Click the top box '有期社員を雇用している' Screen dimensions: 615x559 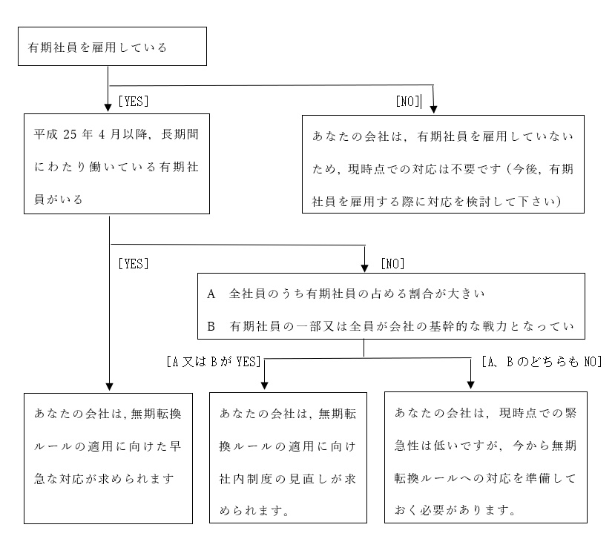click(x=112, y=46)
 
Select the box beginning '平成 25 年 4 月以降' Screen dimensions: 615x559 click(x=117, y=164)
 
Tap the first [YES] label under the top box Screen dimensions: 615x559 click(x=134, y=102)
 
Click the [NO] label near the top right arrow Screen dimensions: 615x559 click(x=408, y=102)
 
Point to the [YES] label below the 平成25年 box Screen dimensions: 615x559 click(x=134, y=264)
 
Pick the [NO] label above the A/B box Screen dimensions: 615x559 click(x=392, y=264)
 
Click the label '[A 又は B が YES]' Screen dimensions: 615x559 click(x=214, y=362)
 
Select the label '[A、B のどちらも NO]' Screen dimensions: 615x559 click(x=542, y=362)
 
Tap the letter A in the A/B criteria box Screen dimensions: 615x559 click(x=211, y=294)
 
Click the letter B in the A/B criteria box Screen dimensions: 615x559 click(x=211, y=326)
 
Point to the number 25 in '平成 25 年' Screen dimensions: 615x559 click(x=70, y=134)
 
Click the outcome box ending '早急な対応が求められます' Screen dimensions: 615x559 click(x=108, y=458)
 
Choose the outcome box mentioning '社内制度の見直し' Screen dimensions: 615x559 click(x=289, y=457)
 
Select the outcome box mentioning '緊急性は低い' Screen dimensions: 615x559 click(x=486, y=457)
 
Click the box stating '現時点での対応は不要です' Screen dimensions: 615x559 click(x=443, y=165)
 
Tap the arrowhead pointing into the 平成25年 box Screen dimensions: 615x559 click(x=108, y=107)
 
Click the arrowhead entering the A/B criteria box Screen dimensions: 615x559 click(x=365, y=268)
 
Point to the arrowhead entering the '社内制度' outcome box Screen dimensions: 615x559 click(x=265, y=386)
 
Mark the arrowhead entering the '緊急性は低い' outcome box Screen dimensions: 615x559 click(x=470, y=385)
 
